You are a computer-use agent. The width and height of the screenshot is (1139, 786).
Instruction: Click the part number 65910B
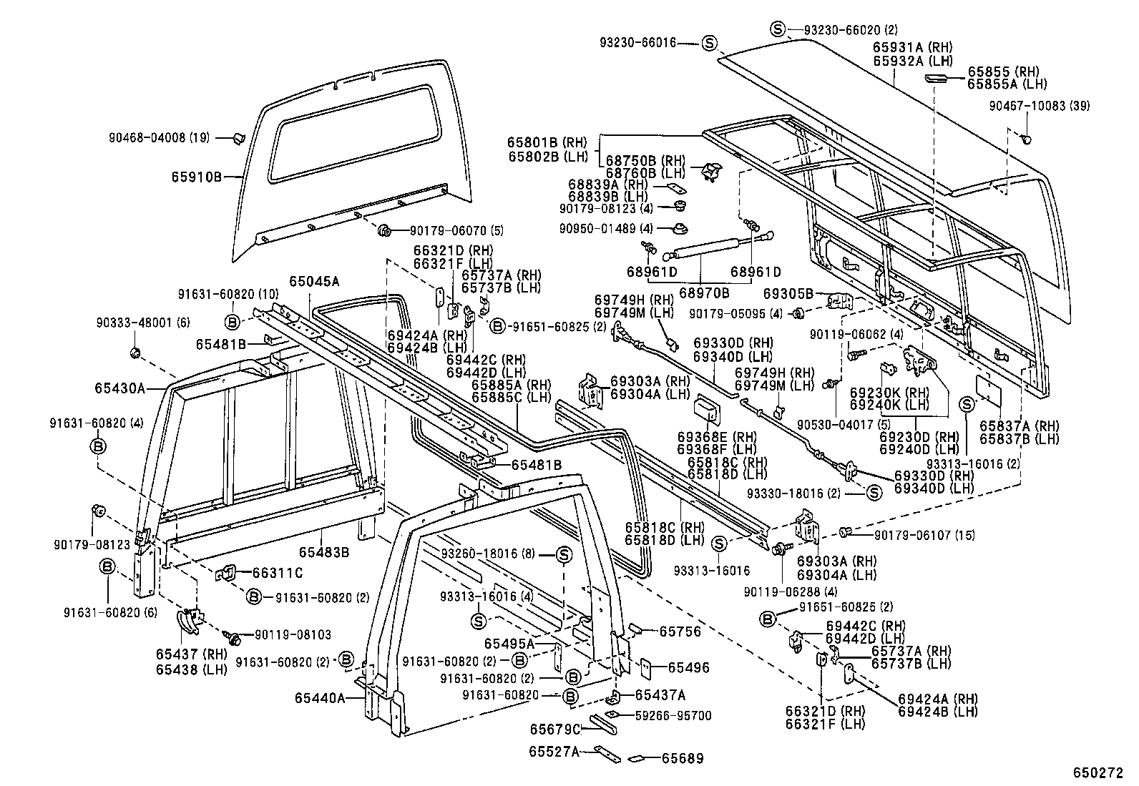point(196,177)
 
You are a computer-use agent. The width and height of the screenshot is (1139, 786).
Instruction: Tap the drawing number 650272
point(1098,773)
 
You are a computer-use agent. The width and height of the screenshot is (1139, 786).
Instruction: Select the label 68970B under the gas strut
point(704,293)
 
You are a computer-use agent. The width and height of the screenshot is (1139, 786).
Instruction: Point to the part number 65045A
point(314,281)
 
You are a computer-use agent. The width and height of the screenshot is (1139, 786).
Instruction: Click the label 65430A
point(120,388)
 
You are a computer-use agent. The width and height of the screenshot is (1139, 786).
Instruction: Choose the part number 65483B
point(324,553)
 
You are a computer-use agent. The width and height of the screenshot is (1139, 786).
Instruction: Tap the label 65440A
point(320,699)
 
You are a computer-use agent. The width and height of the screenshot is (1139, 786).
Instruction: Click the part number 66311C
point(278,574)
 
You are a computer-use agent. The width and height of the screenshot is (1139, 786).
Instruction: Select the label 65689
point(683,759)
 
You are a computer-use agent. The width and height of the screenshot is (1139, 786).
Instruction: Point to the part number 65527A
point(554,752)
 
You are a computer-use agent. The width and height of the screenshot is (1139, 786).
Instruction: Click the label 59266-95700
point(673,716)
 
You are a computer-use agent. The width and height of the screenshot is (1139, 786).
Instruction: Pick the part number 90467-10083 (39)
point(1040,107)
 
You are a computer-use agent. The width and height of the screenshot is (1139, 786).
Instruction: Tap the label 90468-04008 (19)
point(159,138)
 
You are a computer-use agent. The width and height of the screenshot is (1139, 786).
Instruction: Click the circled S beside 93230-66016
point(710,43)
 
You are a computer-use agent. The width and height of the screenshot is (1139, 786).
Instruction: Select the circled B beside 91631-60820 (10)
point(232,322)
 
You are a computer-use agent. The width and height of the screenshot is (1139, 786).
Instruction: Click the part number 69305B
point(788,294)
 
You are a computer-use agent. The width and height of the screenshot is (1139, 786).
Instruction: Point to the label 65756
point(680,632)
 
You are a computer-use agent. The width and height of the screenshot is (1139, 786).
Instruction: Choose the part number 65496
point(689,667)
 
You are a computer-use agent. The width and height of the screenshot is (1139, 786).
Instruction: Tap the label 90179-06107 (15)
point(925,535)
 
